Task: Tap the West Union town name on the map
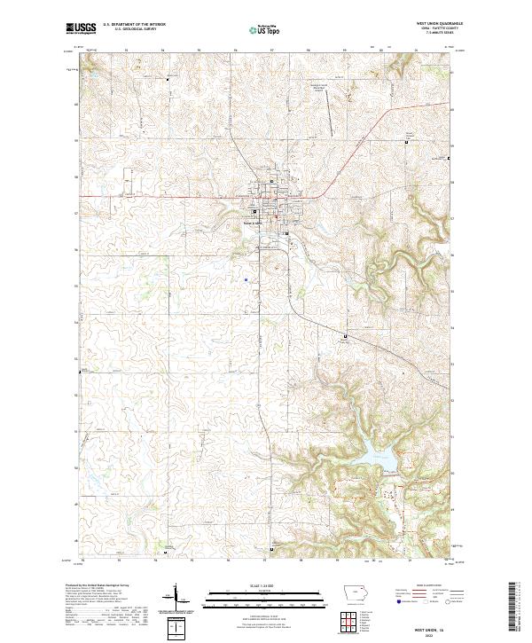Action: [257, 223]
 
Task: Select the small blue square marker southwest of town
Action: [244, 281]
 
